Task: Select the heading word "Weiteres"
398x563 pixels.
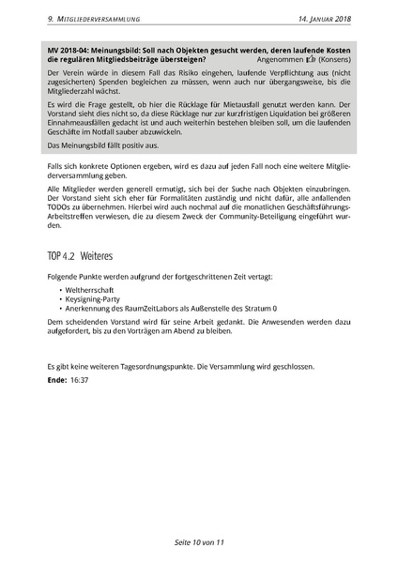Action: pyautogui.click(x=97, y=255)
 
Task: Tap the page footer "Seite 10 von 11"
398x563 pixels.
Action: pyautogui.click(x=199, y=542)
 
